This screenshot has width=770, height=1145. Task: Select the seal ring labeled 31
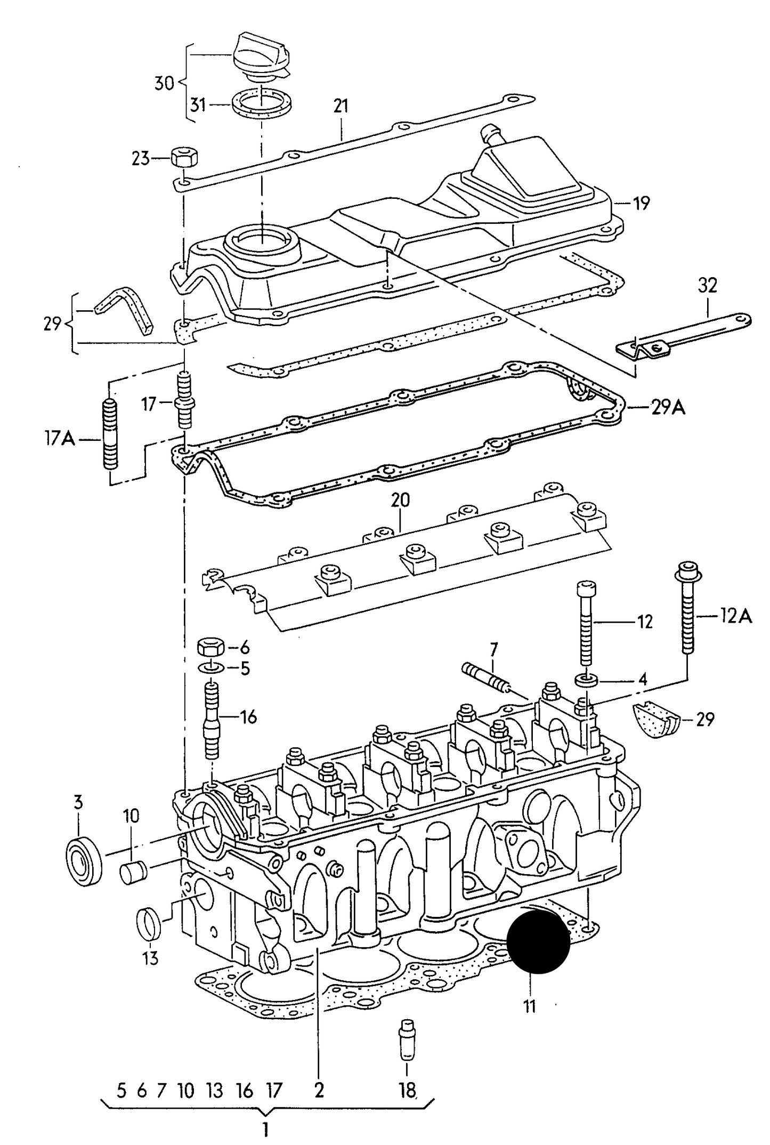(x=262, y=106)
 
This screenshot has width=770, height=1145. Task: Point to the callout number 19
(x=642, y=203)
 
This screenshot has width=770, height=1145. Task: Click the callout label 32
(x=707, y=286)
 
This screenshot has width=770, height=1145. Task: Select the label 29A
(x=668, y=408)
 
